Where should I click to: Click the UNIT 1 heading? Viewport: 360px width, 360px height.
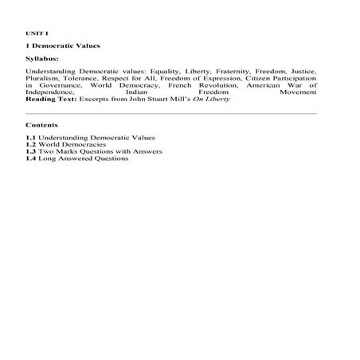(x=37, y=33)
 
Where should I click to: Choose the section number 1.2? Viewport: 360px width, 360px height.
(x=31, y=145)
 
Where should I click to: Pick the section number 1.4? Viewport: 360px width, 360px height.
(x=31, y=158)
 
